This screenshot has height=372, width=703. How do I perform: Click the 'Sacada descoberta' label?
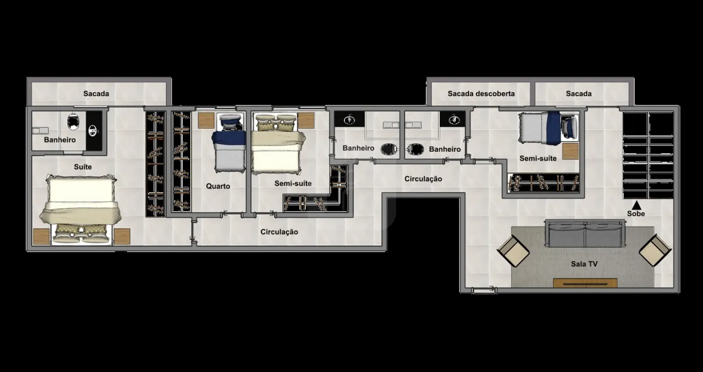click(x=481, y=93)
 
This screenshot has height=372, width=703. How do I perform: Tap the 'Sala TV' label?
click(x=584, y=264)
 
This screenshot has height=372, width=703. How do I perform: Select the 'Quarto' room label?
click(x=218, y=186)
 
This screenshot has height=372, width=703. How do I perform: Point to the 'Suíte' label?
click(x=83, y=167)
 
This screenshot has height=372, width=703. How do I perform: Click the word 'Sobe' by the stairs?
click(x=636, y=213)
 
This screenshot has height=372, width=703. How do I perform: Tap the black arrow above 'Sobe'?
click(x=636, y=205)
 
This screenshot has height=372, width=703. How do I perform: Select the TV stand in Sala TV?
click(x=585, y=283)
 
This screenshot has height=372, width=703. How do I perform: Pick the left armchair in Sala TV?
click(x=513, y=251)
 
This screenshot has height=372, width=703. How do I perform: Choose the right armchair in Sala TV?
click(x=655, y=251)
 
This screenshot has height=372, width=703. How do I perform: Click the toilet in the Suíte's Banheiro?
click(x=73, y=121)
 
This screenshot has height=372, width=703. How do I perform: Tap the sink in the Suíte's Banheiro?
click(x=93, y=131)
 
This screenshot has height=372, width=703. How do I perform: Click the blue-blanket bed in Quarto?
click(x=229, y=143)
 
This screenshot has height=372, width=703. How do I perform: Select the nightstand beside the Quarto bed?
click(x=206, y=120)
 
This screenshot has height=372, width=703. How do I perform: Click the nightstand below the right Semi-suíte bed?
click(x=570, y=151)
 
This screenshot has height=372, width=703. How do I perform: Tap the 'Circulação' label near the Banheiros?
click(x=423, y=179)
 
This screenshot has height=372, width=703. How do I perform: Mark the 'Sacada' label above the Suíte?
click(x=96, y=93)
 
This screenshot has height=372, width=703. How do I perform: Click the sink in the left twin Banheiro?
click(x=349, y=119)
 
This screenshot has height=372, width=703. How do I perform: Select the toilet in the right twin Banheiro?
click(x=416, y=149)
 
